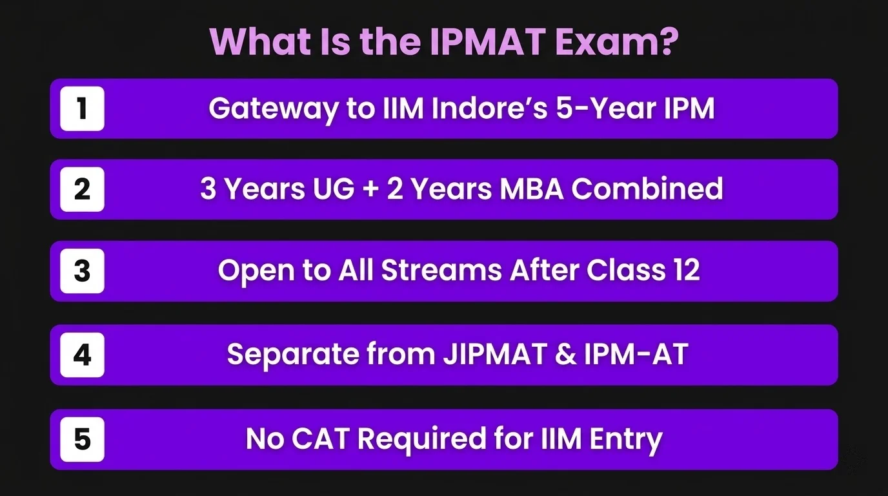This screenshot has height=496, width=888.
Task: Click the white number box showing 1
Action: click(x=82, y=108)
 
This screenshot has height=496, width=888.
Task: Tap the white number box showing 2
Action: click(x=82, y=189)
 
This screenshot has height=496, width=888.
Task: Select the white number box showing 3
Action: click(x=82, y=271)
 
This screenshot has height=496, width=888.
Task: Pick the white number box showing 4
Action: click(x=82, y=355)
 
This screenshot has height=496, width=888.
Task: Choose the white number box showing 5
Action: click(x=82, y=439)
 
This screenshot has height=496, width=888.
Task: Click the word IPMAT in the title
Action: click(x=488, y=41)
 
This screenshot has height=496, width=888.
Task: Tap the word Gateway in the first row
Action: click(x=274, y=109)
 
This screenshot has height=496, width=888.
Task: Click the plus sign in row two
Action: click(x=370, y=189)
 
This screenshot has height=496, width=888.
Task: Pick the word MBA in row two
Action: click(x=531, y=189)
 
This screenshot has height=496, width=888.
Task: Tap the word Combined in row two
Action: click(x=647, y=189)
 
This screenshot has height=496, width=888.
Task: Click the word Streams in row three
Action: click(x=441, y=271)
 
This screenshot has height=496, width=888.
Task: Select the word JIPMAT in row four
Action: click(x=495, y=354)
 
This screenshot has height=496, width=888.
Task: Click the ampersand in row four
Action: click(x=566, y=355)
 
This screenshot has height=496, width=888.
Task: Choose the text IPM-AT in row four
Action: click(x=636, y=354)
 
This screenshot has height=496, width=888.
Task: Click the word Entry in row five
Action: click(x=626, y=440)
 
